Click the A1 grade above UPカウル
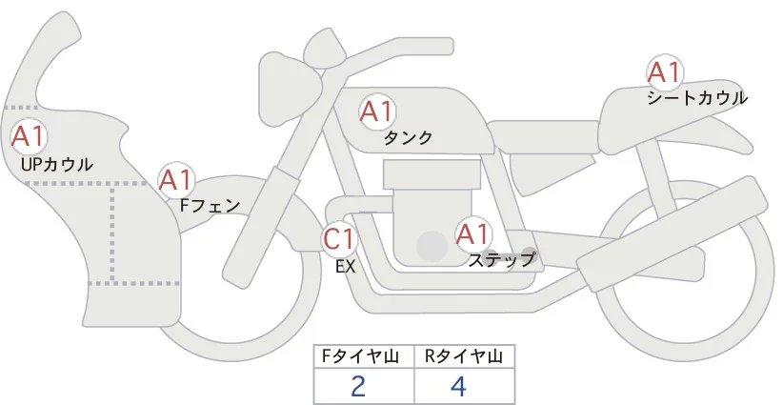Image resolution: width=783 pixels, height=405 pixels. (x=28, y=135)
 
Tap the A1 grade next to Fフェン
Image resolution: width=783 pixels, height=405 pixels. (x=176, y=178)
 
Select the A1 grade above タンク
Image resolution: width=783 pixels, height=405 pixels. (x=376, y=111)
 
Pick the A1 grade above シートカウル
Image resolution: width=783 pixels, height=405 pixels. (x=664, y=71)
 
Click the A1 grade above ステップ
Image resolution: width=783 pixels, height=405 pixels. (x=473, y=233)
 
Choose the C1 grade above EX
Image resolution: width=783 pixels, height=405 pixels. (x=339, y=238)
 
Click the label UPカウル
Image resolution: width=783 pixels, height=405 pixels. (x=55, y=165)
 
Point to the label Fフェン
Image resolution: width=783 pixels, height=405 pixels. (x=210, y=204)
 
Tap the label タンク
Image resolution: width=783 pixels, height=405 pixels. (x=408, y=138)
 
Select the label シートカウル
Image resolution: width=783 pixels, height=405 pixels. (x=696, y=97)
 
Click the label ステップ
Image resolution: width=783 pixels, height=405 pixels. (x=501, y=259)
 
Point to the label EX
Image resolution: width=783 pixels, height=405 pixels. (x=345, y=267)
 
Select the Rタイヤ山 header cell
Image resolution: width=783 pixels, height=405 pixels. (x=463, y=355)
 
